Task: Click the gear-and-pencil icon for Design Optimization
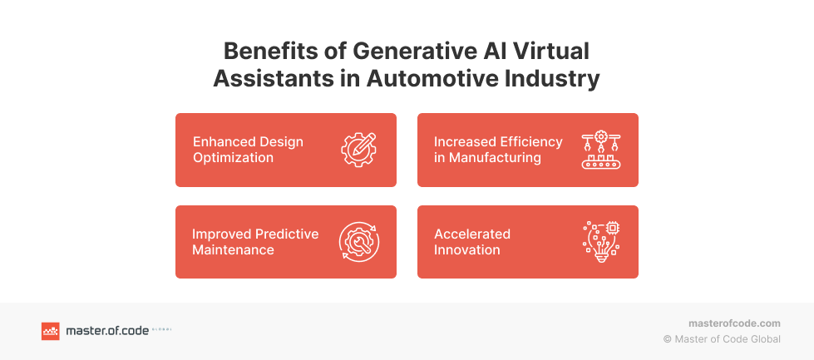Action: coord(359,150)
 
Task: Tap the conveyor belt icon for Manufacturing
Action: coord(601,150)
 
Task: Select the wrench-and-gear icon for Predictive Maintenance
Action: coord(359,242)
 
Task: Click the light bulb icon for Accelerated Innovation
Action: coord(601,242)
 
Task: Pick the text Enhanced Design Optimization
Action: coord(248,150)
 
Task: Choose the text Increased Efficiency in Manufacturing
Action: coord(498,150)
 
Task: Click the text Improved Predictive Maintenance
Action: coord(255,242)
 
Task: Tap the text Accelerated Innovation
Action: coord(472,242)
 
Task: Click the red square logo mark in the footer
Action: coord(51,331)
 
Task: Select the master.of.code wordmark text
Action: coord(107,331)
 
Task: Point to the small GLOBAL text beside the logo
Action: coord(161,329)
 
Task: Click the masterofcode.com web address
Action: coord(734,323)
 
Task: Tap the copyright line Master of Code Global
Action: coord(722,339)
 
